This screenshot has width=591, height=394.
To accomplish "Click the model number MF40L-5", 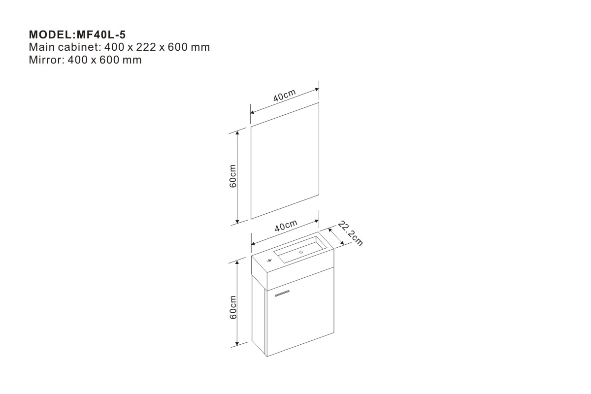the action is tap(101, 34).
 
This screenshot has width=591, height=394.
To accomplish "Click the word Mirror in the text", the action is tap(45, 60).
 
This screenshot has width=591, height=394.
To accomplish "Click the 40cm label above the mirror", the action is tap(285, 95).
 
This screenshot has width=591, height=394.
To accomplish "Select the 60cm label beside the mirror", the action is tap(233, 176).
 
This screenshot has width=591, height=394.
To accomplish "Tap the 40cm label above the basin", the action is tap(286, 226).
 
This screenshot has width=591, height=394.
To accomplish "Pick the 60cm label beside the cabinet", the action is tap(233, 307).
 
